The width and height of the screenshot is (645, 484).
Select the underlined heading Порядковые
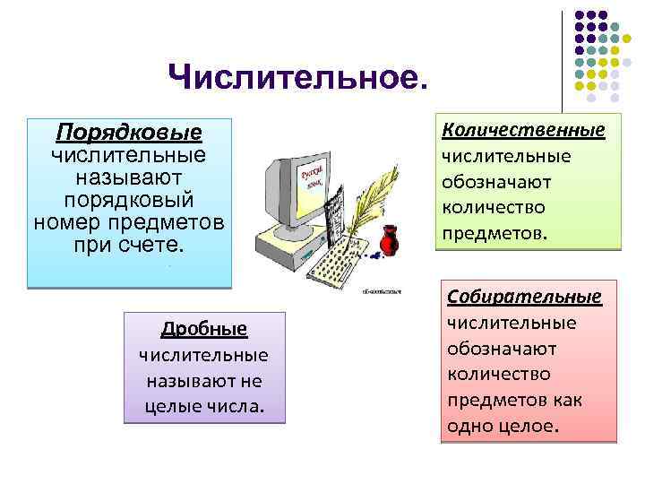[x=129, y=133]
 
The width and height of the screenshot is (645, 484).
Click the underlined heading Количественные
[x=524, y=130]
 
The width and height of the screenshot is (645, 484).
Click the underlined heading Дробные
[x=204, y=329]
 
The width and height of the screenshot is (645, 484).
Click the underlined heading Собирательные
[x=524, y=296]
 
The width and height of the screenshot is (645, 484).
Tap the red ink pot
[x=390, y=242]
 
